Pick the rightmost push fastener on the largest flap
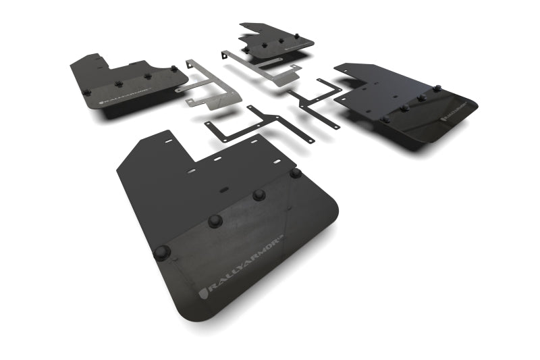coord(295,174)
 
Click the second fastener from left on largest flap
coord(215,221)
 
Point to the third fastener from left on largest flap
coord(259,195)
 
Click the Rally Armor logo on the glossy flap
coord(458,111)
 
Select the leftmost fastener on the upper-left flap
coord(86,92)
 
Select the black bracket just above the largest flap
coord(260,124)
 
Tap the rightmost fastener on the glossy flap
coord(436,88)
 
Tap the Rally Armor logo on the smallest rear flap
coord(298,45)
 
